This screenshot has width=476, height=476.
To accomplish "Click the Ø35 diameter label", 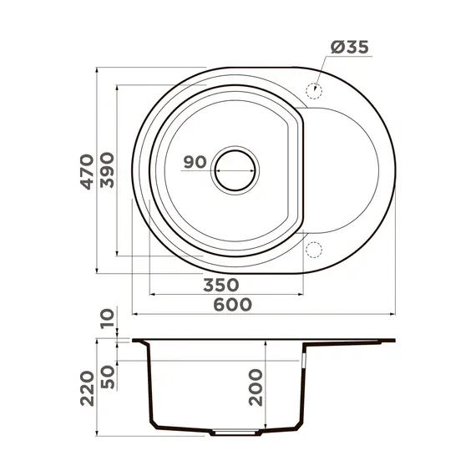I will click(347, 48).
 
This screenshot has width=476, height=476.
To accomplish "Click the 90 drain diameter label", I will click(194, 162).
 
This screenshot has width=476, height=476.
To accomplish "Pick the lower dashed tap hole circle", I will click(315, 249).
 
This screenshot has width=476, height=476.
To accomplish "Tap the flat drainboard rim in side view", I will click(351, 341).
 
